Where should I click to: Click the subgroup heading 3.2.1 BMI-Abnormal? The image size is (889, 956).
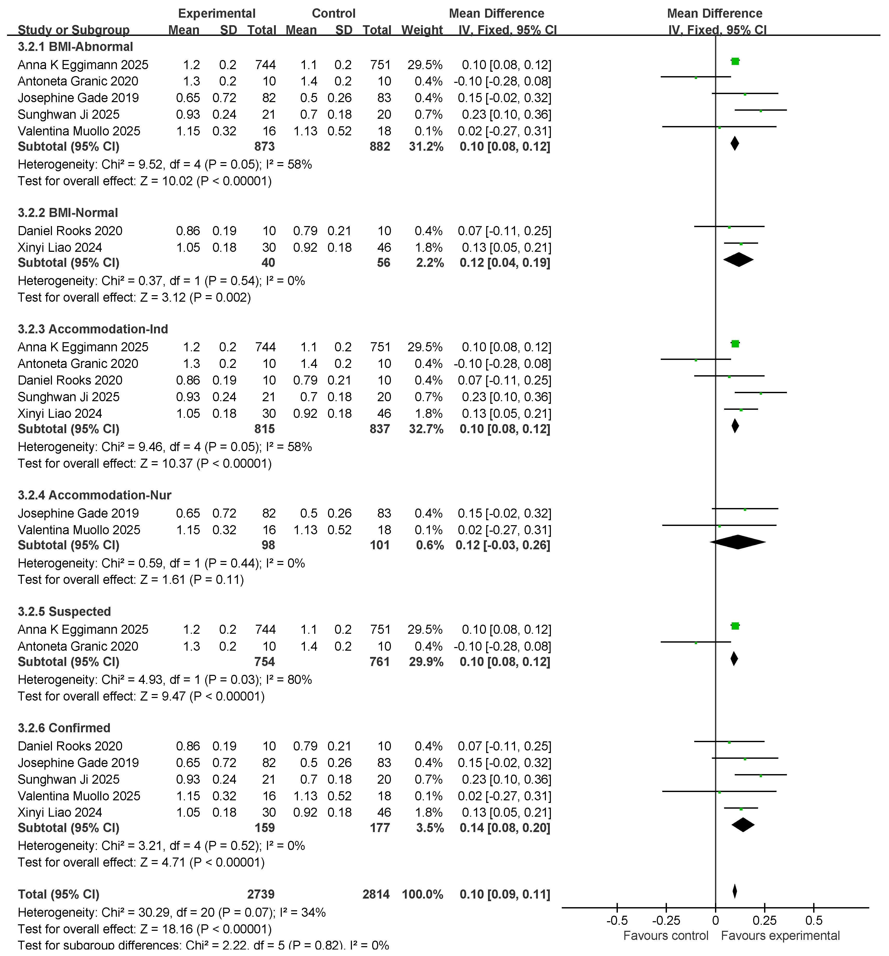tap(75, 47)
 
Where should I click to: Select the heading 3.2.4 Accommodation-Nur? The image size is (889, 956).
tap(95, 495)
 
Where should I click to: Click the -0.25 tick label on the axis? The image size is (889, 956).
tap(666, 921)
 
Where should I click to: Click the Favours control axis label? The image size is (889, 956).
tap(666, 936)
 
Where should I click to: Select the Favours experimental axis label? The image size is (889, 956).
tap(780, 936)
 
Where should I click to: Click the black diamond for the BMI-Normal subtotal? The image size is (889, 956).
tap(738, 260)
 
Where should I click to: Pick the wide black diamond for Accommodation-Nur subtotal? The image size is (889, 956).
tap(738, 542)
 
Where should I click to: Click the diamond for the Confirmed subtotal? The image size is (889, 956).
tap(743, 825)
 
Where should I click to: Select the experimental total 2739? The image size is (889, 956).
tap(261, 894)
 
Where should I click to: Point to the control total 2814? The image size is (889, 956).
tap(376, 894)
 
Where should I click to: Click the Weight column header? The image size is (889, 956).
tap(422, 30)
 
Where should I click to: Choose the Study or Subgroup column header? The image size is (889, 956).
tap(73, 30)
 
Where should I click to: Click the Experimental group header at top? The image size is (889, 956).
tap(217, 14)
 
